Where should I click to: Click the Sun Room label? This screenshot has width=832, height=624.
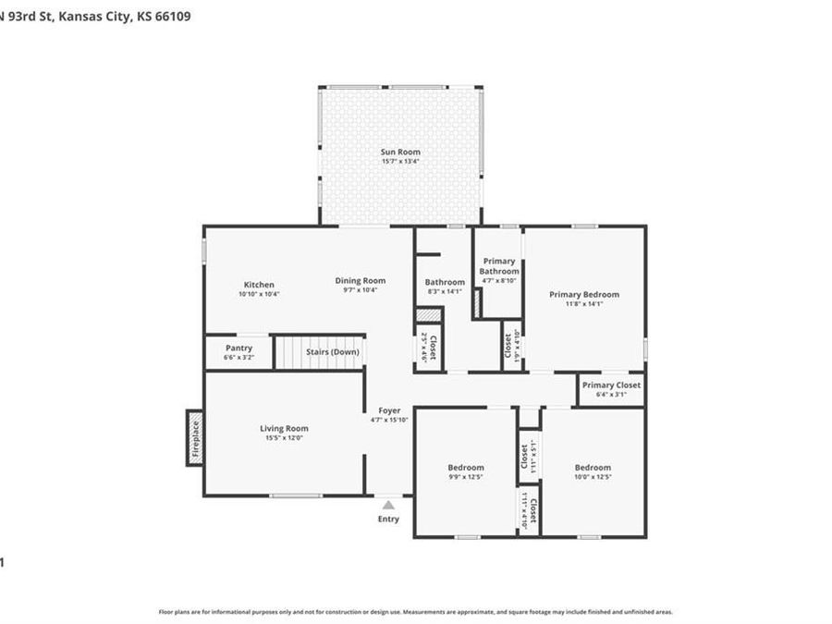click(400, 152)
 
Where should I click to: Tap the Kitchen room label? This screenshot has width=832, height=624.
click(259, 285)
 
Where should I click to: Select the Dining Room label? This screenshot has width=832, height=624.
click(360, 281)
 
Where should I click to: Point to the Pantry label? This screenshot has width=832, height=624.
click(239, 349)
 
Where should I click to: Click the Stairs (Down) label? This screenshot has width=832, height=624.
click(332, 352)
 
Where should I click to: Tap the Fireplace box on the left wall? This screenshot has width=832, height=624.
click(195, 437)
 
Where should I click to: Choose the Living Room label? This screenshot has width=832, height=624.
click(284, 429)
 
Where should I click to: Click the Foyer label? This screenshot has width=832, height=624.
click(389, 410)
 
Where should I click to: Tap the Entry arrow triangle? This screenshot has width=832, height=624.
click(388, 505)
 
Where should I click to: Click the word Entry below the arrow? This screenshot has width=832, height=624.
click(388, 519)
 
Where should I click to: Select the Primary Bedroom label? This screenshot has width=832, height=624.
click(583, 295)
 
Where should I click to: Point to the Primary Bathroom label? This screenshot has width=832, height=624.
click(499, 266)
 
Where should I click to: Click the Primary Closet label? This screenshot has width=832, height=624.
click(611, 385)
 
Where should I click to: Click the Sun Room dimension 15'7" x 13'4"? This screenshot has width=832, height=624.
click(400, 162)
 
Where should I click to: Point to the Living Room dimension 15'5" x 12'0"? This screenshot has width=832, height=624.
click(284, 438)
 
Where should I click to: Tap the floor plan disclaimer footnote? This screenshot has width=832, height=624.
click(415, 612)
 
